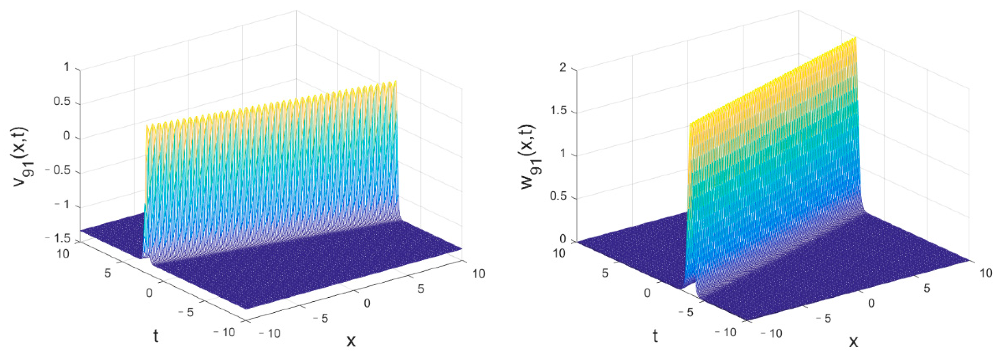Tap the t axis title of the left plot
pos(156,336)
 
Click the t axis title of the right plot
pos(655,336)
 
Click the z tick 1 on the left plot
pos(66,67)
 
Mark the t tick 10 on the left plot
pos(62,254)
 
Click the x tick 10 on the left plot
pos(479,274)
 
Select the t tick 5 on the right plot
pos(605,273)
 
